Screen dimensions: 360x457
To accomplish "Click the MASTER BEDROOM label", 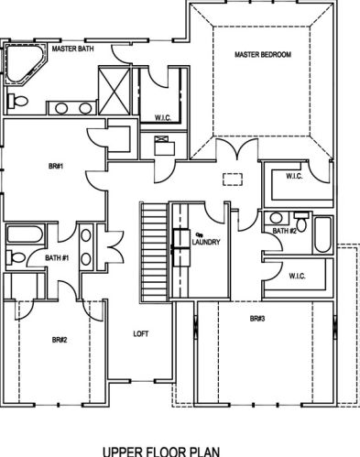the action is click(x=263, y=55).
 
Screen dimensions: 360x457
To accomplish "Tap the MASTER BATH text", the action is click(x=72, y=49).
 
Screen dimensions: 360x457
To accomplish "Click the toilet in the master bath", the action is click(x=17, y=101).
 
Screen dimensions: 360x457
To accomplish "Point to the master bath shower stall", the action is click(x=115, y=91).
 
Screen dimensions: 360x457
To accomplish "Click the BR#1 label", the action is click(x=56, y=167).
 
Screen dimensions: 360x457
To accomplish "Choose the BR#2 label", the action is click(x=60, y=340).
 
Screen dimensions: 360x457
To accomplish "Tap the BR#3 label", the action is click(x=257, y=319).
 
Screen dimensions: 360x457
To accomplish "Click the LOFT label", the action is click(x=141, y=334).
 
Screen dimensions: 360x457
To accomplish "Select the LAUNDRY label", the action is click(x=206, y=242).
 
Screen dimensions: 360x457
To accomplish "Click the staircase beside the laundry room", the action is click(x=154, y=252).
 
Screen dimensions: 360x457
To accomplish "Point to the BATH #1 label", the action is click(x=57, y=258).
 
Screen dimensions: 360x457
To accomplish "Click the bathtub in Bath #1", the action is click(x=25, y=234).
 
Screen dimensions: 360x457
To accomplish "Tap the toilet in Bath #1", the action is click(x=16, y=257).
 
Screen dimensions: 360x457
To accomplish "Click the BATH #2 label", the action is click(x=284, y=231).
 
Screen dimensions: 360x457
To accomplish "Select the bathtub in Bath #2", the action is click(x=322, y=234).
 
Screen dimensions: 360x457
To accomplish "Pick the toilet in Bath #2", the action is click(x=301, y=222).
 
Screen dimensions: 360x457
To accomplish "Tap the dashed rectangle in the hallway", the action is click(x=233, y=180).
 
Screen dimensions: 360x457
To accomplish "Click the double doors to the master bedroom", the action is click(x=237, y=149).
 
